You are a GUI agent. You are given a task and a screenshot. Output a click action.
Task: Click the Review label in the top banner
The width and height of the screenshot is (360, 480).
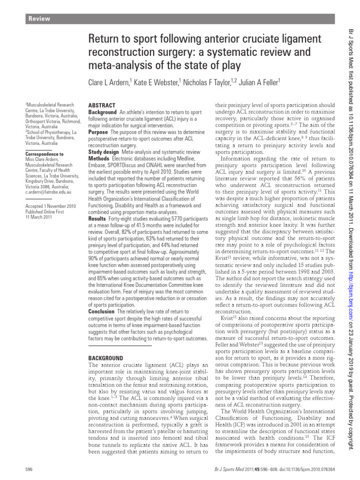coord(39,19)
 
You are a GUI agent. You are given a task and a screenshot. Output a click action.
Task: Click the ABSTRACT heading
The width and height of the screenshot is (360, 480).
coord(102,105)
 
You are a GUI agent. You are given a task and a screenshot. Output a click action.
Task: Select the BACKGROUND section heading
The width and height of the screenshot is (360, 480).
coord(106,357)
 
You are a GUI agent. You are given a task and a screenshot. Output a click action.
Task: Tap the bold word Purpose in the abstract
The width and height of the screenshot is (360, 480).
coord(98,133)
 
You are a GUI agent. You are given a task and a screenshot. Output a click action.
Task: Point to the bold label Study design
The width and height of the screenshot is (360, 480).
coord(104,152)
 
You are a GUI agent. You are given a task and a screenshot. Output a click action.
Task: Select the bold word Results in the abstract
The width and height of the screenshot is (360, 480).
coord(97,218)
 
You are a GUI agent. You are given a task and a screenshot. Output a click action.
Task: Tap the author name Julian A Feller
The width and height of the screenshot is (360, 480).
coord(253,82)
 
